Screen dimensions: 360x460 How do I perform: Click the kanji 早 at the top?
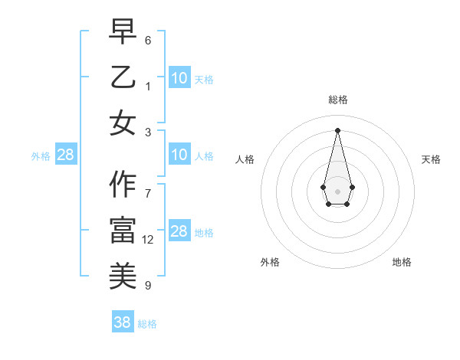coord(123,31)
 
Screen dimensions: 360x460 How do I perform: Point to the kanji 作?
coord(123,185)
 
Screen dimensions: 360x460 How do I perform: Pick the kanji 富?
coord(123,231)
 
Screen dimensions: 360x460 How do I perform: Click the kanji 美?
coord(123,276)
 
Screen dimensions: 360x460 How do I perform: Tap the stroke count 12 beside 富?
coord(148,240)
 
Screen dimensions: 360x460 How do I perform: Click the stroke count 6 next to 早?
coord(148,40)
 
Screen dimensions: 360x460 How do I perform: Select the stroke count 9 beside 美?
coord(148,286)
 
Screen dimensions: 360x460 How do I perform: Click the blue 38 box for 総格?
coord(122,322)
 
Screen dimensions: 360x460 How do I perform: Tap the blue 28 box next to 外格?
coord(65,155)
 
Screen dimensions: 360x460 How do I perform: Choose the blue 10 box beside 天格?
coord(179,77)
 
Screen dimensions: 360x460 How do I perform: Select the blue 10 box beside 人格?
coord(179,155)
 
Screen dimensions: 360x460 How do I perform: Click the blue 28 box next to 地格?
coord(179,231)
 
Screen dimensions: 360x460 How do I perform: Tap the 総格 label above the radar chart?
coord(337,100)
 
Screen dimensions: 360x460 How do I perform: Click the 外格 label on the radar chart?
coord(270,262)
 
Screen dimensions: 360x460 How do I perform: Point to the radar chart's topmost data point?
coord(337,129)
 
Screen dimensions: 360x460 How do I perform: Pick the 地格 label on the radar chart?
coord(402,262)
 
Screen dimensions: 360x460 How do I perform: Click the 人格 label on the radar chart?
coord(245,159)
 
